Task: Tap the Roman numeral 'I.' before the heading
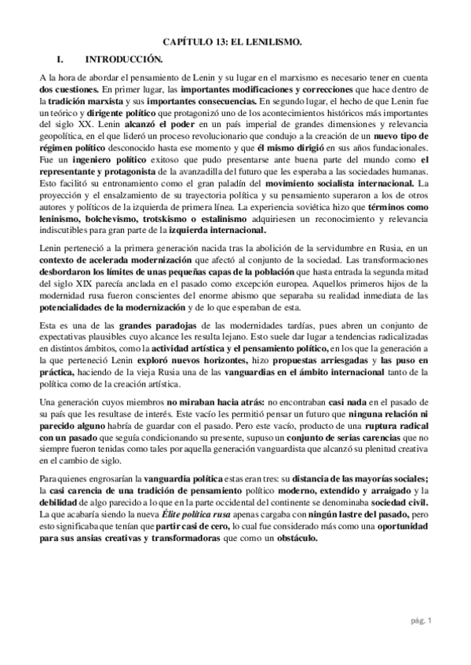click(x=55, y=59)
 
